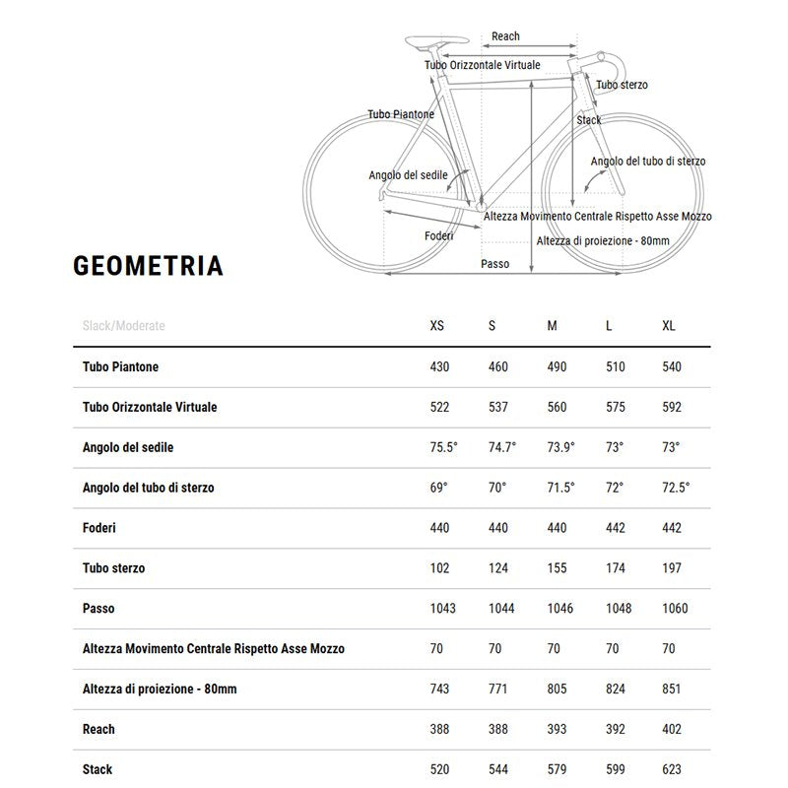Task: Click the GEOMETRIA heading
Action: pyautogui.click(x=148, y=266)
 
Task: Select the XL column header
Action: pyautogui.click(x=669, y=326)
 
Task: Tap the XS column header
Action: pyautogui.click(x=438, y=326)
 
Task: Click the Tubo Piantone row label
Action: pyautogui.click(x=120, y=366)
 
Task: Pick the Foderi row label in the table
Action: pyautogui.click(x=99, y=528)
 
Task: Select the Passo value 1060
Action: pyautogui.click(x=676, y=609)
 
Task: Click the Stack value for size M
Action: pyautogui.click(x=559, y=769)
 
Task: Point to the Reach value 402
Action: pyautogui.click(x=672, y=729)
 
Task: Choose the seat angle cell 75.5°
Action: pyautogui.click(x=444, y=447)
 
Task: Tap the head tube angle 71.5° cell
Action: pyautogui.click(x=560, y=488)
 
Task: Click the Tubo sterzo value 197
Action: pyautogui.click(x=672, y=568)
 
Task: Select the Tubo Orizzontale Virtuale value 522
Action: pyautogui.click(x=440, y=407)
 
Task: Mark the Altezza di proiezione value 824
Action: pyautogui.click(x=615, y=689)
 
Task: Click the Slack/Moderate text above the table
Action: pyautogui.click(x=124, y=326)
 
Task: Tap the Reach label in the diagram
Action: pyautogui.click(x=505, y=36)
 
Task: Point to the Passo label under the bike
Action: pyautogui.click(x=494, y=264)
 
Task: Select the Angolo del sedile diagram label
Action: pyautogui.click(x=408, y=175)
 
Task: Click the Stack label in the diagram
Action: pyautogui.click(x=589, y=120)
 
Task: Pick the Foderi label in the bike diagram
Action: pyautogui.click(x=438, y=235)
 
